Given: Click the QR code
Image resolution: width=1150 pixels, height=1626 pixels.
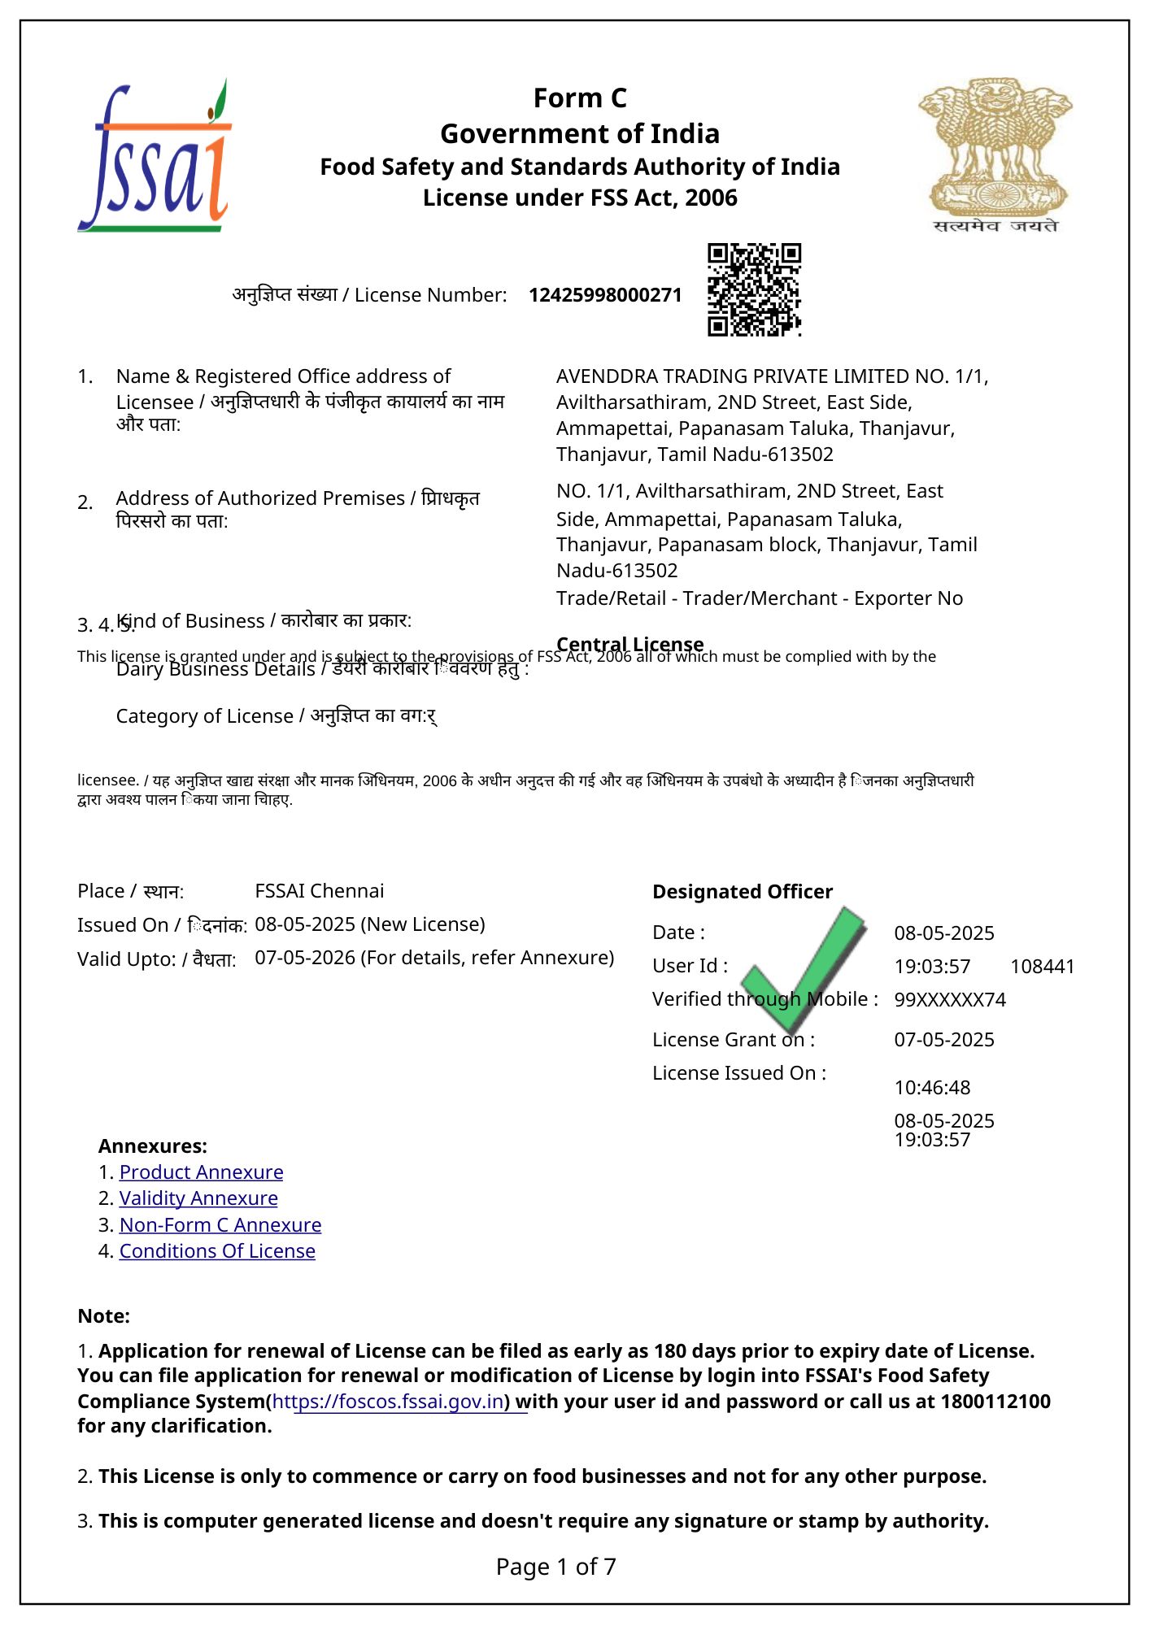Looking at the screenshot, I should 754,289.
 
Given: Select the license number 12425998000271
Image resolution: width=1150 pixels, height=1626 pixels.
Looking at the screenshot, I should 605,295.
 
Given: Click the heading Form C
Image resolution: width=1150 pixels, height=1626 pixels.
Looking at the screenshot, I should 580,98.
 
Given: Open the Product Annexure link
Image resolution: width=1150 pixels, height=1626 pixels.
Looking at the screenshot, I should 201,1172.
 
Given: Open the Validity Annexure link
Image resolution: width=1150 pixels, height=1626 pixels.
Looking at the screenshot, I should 198,1198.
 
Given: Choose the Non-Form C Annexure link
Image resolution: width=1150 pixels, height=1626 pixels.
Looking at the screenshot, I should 220,1225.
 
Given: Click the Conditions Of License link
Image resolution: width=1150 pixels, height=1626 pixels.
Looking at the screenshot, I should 217,1251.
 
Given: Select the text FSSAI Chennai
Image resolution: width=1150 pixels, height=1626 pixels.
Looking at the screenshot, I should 320,891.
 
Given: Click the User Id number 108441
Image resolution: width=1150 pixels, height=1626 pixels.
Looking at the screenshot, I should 1042,967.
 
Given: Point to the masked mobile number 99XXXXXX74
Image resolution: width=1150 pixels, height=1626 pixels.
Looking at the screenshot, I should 950,1000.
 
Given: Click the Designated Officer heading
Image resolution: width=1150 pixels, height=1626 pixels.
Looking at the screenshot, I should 743,892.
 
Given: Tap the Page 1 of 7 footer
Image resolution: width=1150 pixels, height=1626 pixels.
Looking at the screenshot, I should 556,1567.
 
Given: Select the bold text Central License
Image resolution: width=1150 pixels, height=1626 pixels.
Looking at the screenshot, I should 630,644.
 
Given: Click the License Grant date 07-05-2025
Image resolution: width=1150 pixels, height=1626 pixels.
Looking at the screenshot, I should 944,1040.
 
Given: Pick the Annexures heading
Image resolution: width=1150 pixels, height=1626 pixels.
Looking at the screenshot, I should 153,1146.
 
